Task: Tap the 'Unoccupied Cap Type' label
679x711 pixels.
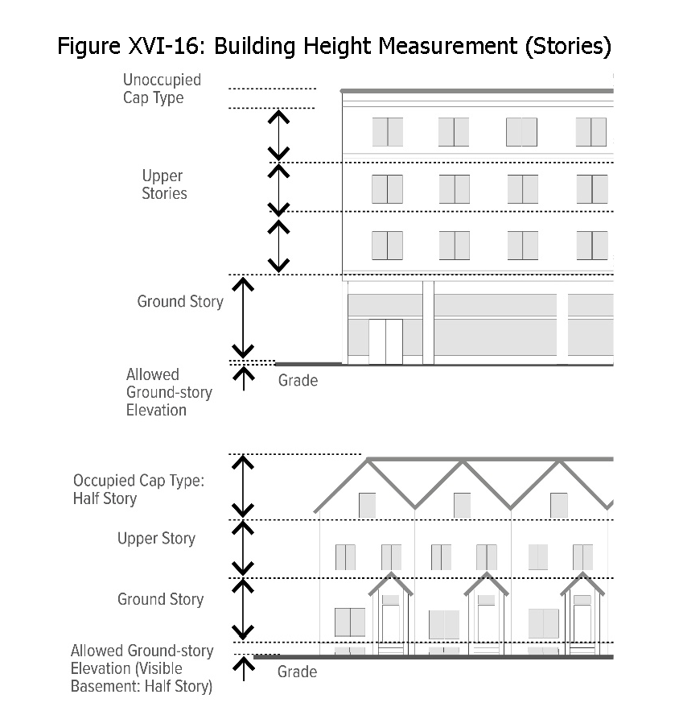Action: click(162, 89)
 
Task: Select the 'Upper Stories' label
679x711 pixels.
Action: click(164, 184)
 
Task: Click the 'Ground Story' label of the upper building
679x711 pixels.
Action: click(180, 302)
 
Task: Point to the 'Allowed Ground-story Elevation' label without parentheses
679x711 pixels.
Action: click(169, 392)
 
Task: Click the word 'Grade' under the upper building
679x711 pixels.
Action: click(298, 381)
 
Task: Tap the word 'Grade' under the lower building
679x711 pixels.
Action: click(297, 672)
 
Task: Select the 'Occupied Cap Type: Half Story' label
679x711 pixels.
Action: click(139, 490)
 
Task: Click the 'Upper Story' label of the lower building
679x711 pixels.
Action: click(156, 539)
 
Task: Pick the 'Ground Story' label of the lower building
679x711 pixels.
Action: click(160, 599)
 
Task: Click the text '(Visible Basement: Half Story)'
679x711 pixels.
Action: click(142, 678)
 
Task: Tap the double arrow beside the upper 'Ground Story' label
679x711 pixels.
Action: click(243, 318)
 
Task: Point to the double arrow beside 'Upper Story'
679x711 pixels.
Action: click(243, 548)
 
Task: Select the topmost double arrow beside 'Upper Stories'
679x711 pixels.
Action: click(278, 134)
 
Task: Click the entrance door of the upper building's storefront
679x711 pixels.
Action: click(385, 341)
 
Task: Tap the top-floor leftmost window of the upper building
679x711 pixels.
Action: click(387, 132)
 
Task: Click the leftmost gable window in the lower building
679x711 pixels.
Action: click(367, 505)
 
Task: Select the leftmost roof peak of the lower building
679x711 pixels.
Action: click(368, 461)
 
